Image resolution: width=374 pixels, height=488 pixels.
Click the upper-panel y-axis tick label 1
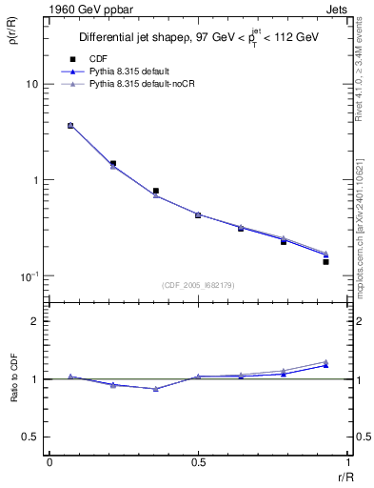click(x=34, y=180)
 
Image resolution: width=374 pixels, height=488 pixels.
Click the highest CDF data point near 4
click(x=70, y=125)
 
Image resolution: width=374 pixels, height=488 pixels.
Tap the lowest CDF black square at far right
click(x=325, y=261)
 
